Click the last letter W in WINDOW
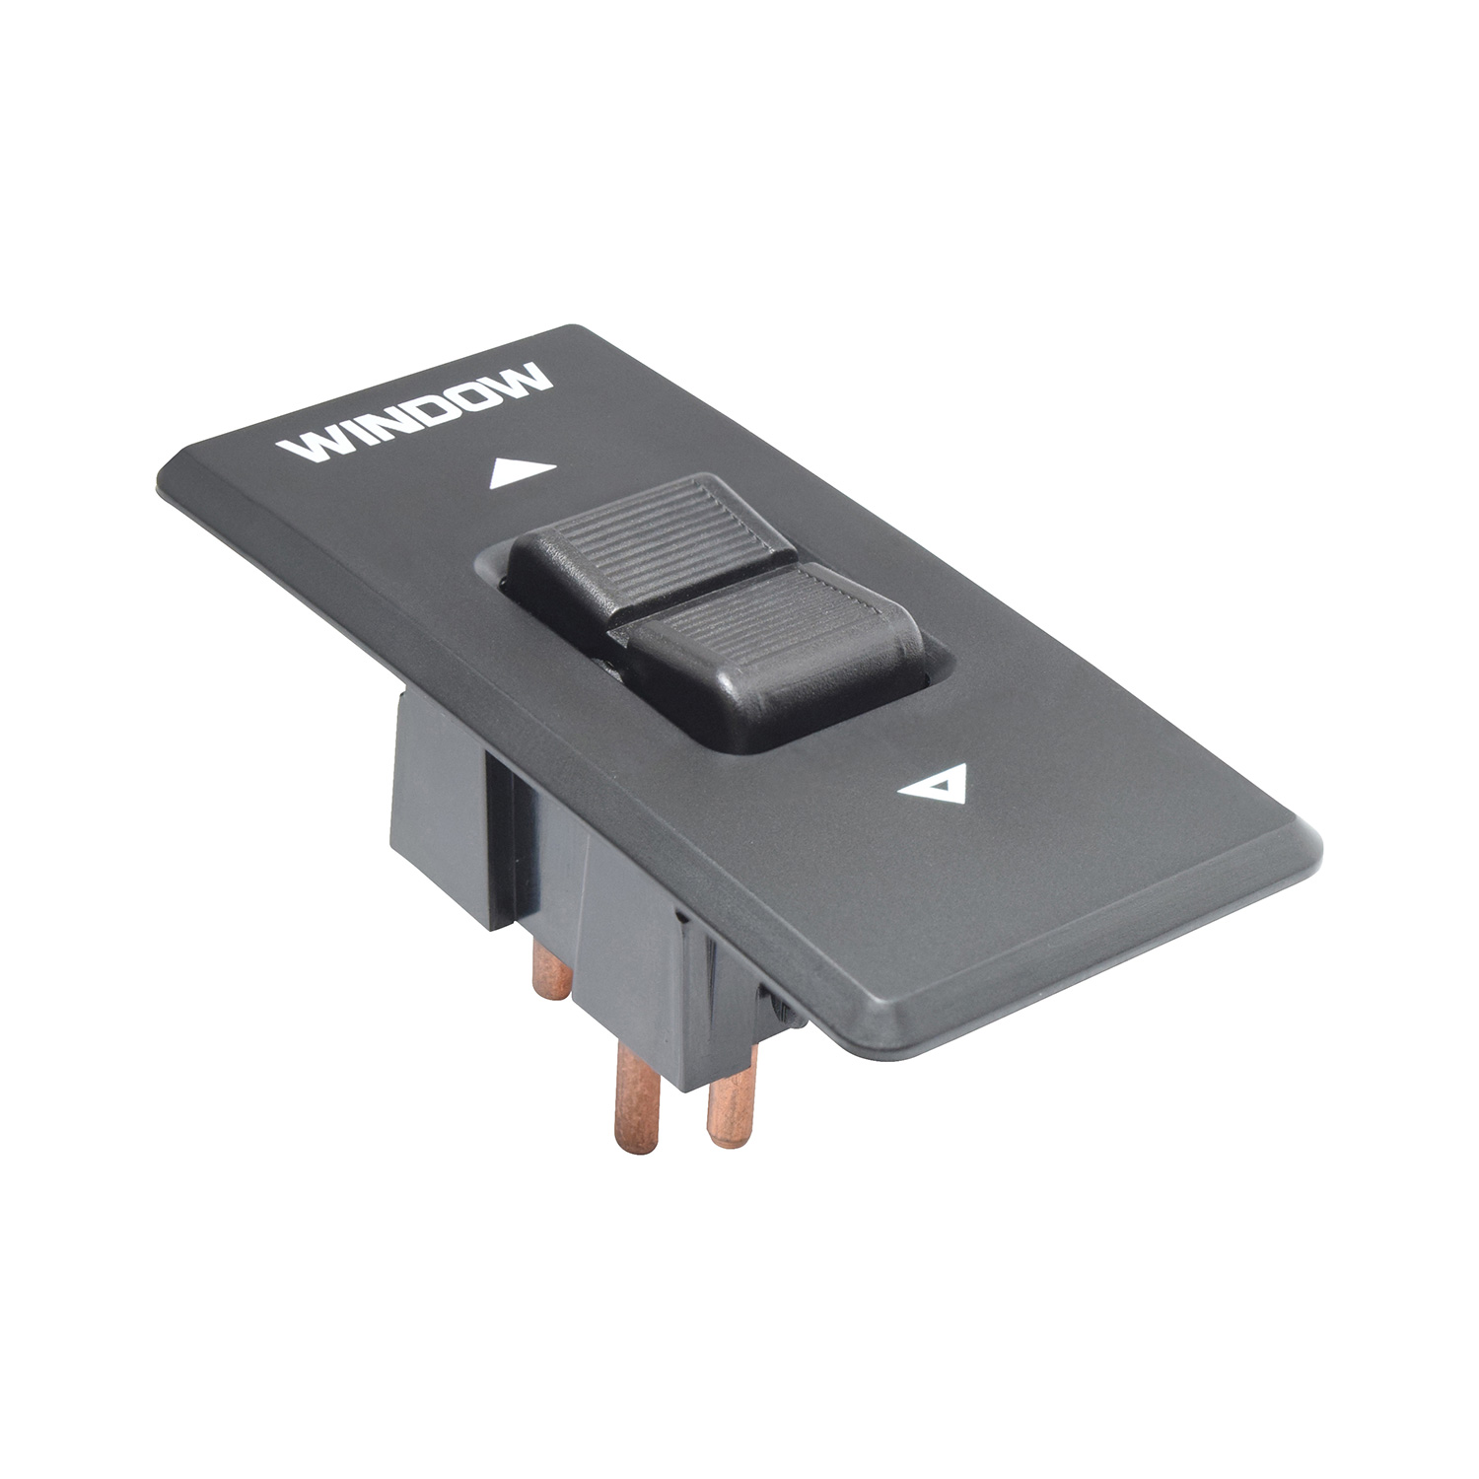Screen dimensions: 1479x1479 [x=523, y=375]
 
